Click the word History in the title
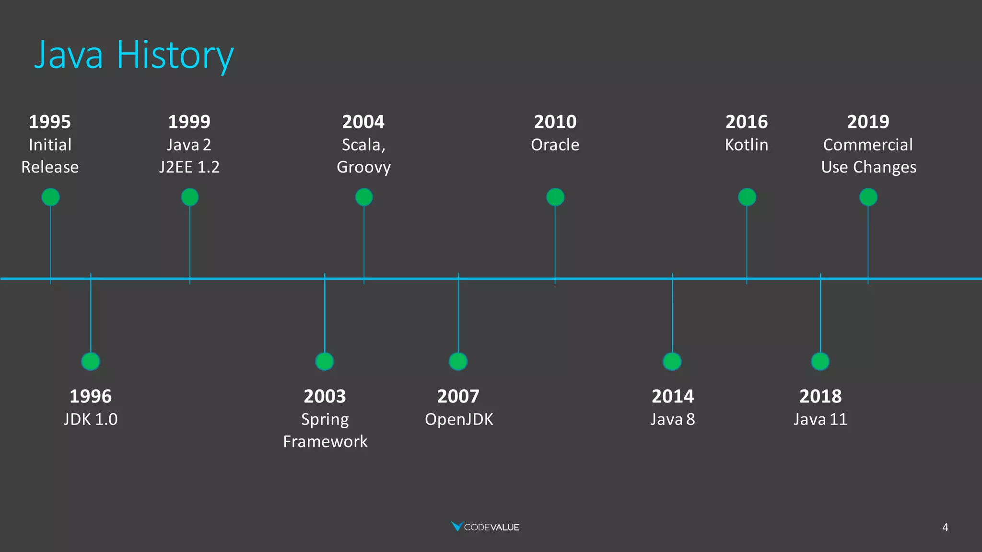pyautogui.click(x=175, y=55)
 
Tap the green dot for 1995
pyautogui.click(x=50, y=197)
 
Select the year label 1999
pyautogui.click(x=189, y=122)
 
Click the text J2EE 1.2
pyautogui.click(x=189, y=167)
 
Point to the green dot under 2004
pyautogui.click(x=364, y=197)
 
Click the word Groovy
pyautogui.click(x=363, y=167)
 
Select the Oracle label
pyautogui.click(x=555, y=145)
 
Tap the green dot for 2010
pyautogui.click(x=555, y=197)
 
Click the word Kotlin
pyautogui.click(x=746, y=145)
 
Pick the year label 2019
pyautogui.click(x=868, y=122)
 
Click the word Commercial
pyautogui.click(x=868, y=145)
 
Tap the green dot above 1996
pyautogui.click(x=91, y=361)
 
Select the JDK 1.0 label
pyautogui.click(x=91, y=419)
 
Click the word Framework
pyautogui.click(x=325, y=441)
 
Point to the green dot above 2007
pyautogui.click(x=458, y=361)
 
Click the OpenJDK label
pyautogui.click(x=459, y=419)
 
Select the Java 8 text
pyautogui.click(x=672, y=419)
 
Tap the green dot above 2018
pyautogui.click(x=820, y=361)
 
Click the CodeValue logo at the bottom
pyautogui.click(x=485, y=527)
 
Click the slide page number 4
pyautogui.click(x=945, y=528)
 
